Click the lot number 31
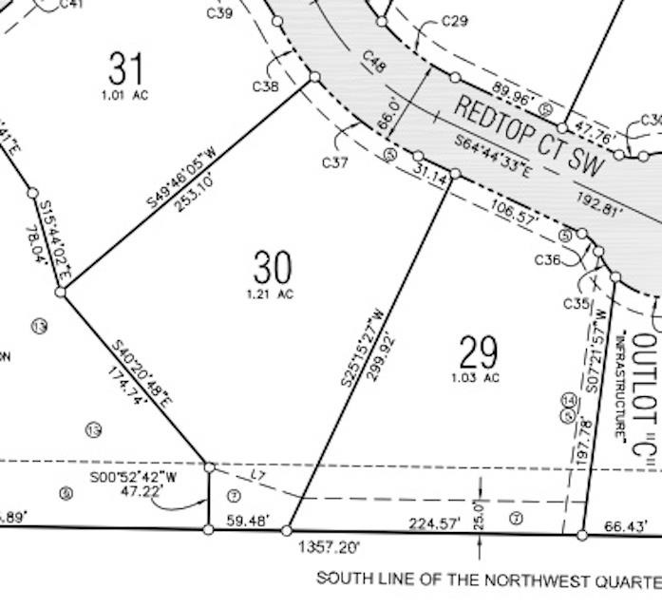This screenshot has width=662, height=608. pos(126,69)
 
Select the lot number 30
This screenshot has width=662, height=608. pos(273,269)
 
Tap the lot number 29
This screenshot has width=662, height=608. pos(478,353)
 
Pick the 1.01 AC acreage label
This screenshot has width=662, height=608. pos(126,94)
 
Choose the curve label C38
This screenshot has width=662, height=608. pos(266,87)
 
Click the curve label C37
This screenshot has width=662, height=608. pos(335,162)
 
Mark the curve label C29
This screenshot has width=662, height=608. pos(455,21)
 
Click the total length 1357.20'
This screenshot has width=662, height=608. pos(329,548)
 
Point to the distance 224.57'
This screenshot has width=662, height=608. pos(434,522)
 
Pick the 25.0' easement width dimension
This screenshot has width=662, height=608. pos(481,514)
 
